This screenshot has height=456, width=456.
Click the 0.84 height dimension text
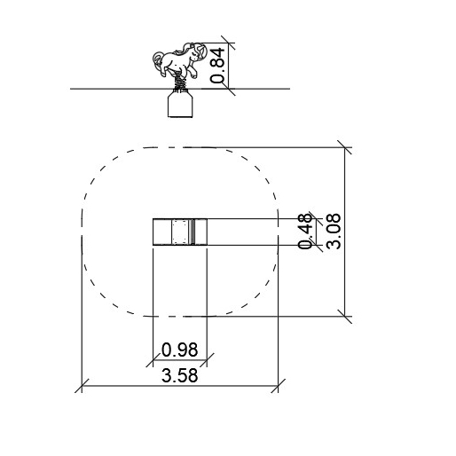[218, 65]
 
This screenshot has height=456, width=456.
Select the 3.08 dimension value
[333, 231]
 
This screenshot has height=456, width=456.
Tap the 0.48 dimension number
[305, 231]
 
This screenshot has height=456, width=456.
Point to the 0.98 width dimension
[179, 350]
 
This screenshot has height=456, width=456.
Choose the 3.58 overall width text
[179, 375]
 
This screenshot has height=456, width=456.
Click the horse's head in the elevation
[196, 52]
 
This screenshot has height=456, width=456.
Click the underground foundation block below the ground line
[180, 104]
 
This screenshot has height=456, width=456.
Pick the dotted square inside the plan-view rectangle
[180, 232]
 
